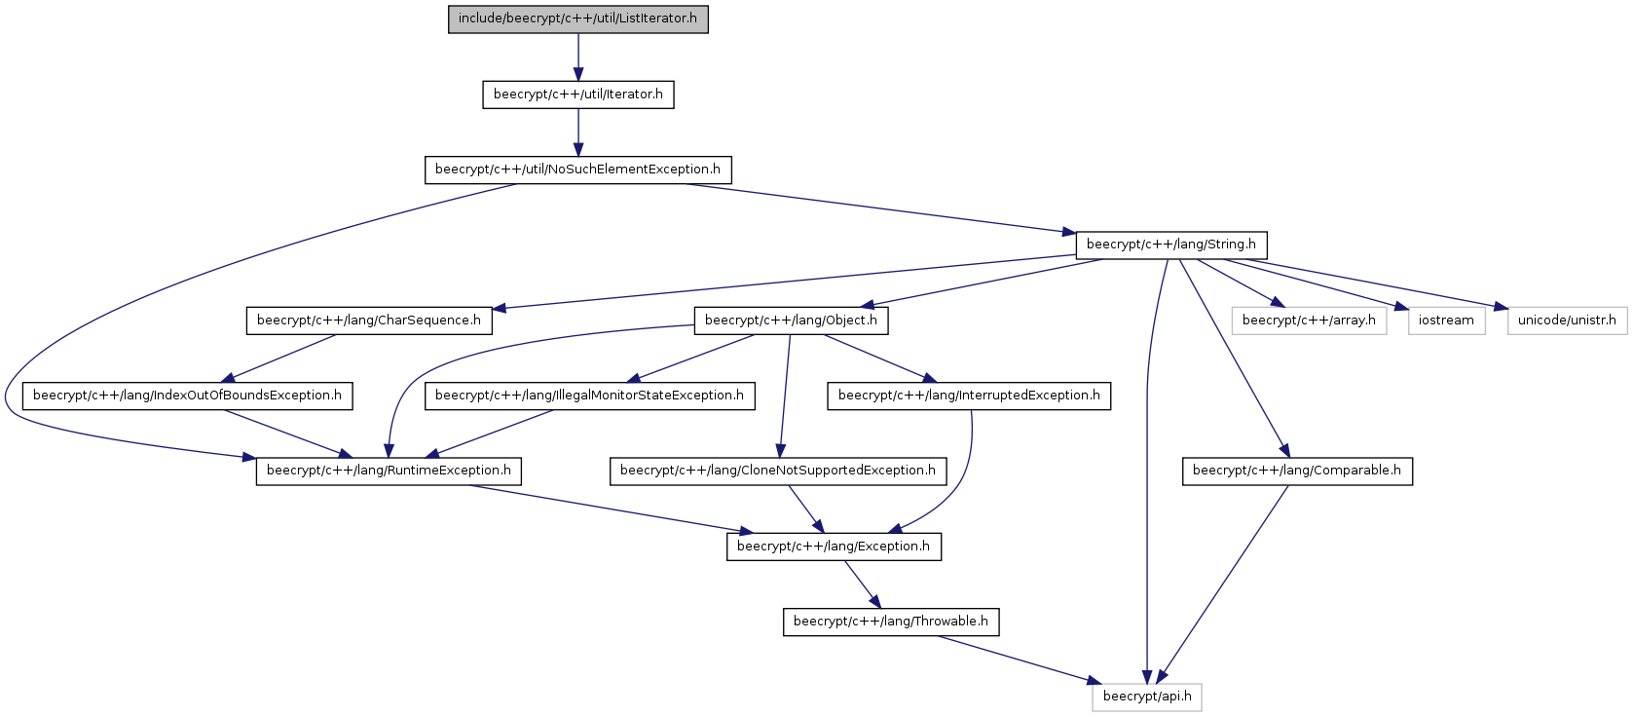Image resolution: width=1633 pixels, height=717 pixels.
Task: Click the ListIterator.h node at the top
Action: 577,19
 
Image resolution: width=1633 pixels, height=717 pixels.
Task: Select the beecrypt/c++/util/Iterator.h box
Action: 577,94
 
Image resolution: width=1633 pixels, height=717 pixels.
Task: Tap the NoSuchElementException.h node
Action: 577,170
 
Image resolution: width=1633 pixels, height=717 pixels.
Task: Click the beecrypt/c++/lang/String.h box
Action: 1170,245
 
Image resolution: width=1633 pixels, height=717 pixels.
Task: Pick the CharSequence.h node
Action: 369,321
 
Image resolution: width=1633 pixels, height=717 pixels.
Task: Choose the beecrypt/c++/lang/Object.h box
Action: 791,321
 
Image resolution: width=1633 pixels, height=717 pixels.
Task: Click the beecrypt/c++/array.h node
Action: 1309,321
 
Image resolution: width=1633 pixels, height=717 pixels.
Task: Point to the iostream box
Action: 1446,321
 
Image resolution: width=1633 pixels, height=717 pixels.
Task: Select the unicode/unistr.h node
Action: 1567,321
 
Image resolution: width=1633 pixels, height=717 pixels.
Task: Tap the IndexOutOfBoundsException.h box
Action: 187,396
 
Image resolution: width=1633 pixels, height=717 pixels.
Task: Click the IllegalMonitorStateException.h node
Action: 589,396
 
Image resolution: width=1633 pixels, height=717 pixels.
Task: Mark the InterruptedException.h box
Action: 969,396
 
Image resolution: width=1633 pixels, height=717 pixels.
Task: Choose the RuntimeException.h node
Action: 389,472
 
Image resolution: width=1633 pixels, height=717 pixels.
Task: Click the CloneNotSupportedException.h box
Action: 778,472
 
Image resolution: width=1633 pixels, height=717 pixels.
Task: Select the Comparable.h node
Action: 1297,472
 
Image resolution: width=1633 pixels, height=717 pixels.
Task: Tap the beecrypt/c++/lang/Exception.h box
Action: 834,547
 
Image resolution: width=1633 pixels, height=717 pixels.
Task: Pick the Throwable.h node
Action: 891,623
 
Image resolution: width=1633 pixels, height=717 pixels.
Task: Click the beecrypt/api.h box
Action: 1147,698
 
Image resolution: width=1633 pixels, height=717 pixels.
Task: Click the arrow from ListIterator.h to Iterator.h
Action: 577,57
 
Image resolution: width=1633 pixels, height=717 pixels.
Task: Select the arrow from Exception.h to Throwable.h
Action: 863,585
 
